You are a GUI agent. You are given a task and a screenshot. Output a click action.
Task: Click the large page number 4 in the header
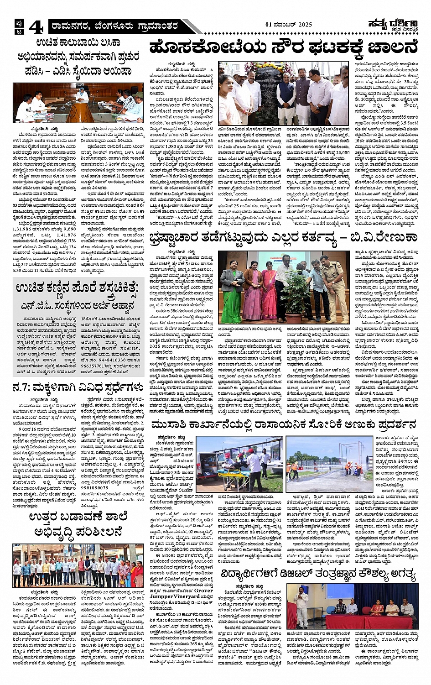point(36,28)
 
